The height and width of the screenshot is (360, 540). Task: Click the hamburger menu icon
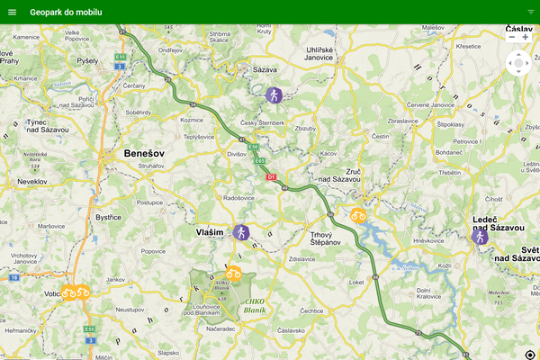pos(12,12)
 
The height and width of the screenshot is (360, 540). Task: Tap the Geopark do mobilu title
pos(66,12)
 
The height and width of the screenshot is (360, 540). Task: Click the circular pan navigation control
pos(519,64)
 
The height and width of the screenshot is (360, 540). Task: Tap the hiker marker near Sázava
pos(274,94)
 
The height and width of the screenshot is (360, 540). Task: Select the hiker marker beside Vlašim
pos(240,232)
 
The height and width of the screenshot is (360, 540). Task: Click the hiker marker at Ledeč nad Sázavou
pos(480,236)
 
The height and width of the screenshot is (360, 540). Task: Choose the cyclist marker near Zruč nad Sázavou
pos(358,215)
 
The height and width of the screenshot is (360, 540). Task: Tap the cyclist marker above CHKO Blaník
pos(233,273)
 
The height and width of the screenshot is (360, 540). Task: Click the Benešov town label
pos(143,153)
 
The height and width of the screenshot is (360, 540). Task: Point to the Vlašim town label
pos(210,232)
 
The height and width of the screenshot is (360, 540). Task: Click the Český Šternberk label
pos(263,122)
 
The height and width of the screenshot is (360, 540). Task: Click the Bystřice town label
pos(109,217)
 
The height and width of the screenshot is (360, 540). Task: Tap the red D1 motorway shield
pos(271,177)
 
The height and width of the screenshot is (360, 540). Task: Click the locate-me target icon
pos(529,355)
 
